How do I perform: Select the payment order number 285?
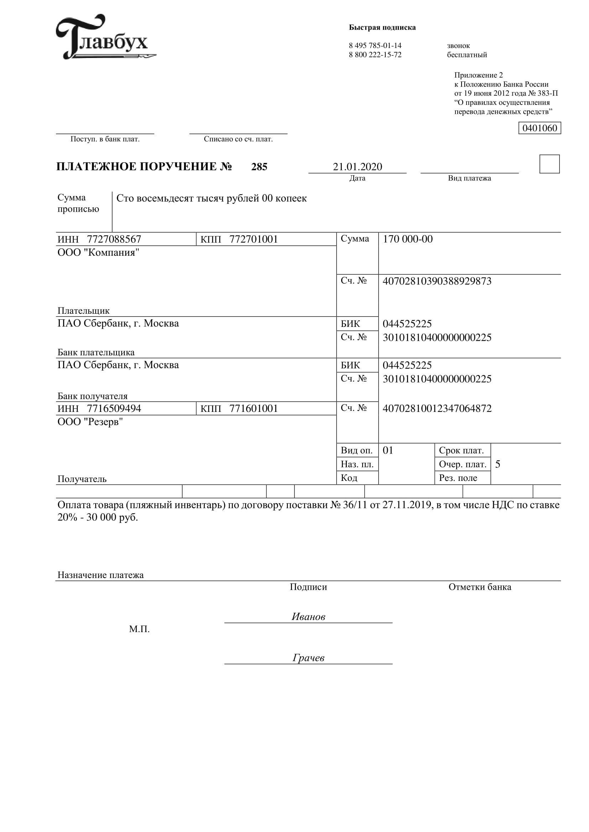click(x=259, y=167)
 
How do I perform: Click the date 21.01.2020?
click(x=357, y=167)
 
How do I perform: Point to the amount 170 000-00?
click(x=408, y=239)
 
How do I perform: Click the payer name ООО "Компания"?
click(x=98, y=253)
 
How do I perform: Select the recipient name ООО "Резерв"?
click(x=90, y=422)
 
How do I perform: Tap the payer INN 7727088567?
click(x=114, y=239)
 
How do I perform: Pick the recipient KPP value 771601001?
click(x=254, y=408)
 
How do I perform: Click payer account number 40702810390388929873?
click(x=437, y=281)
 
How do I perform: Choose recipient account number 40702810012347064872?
click(x=437, y=408)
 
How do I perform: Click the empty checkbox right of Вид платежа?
click(x=549, y=164)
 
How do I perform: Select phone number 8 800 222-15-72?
click(x=375, y=55)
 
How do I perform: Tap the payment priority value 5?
click(x=497, y=464)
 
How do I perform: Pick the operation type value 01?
click(x=388, y=450)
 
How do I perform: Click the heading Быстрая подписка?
click(x=382, y=27)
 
